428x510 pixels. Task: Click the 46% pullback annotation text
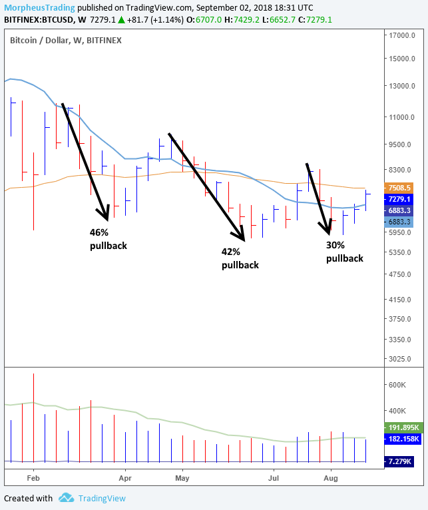[108, 239]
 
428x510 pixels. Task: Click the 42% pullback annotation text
[240, 258]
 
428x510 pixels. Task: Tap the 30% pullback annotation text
[345, 252]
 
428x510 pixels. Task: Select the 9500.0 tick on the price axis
[403, 144]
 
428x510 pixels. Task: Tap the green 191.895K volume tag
[403, 427]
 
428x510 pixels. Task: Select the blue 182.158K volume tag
[403, 439]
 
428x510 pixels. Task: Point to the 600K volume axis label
[398, 385]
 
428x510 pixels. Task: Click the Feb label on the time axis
[33, 477]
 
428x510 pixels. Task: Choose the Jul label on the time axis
[274, 477]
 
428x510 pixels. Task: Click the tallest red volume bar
[33, 417]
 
